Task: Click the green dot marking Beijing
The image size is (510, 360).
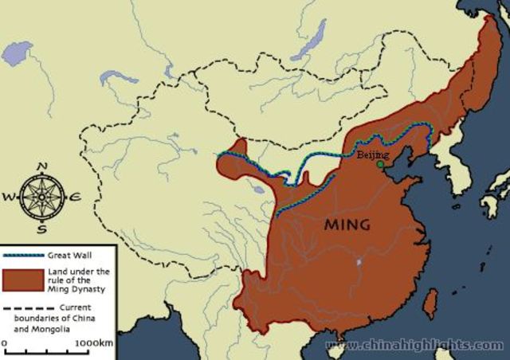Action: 380,165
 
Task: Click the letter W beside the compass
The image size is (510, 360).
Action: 9,196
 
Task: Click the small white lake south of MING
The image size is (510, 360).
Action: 358,261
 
